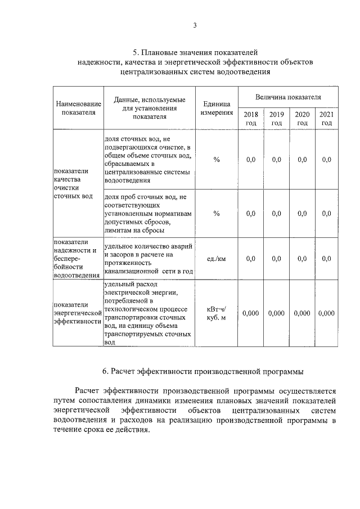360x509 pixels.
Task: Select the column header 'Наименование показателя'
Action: [x=78, y=108]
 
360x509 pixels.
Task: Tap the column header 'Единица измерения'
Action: [x=217, y=108]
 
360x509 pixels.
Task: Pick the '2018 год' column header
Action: [x=251, y=118]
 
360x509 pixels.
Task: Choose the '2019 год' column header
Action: [x=276, y=118]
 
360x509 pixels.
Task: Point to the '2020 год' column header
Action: [x=302, y=118]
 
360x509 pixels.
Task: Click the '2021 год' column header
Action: [x=327, y=118]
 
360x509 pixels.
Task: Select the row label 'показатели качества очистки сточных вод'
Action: [x=71, y=184]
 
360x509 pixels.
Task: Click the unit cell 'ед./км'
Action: [x=217, y=259]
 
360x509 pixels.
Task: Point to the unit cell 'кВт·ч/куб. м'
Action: [x=217, y=313]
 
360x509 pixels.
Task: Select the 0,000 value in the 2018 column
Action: [x=251, y=313]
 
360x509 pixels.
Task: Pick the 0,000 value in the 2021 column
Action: [x=327, y=313]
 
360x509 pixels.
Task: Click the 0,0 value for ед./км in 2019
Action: [x=276, y=259]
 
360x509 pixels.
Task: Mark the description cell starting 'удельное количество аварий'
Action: [x=149, y=259]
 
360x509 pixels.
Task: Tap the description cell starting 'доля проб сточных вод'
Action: [x=149, y=214]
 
